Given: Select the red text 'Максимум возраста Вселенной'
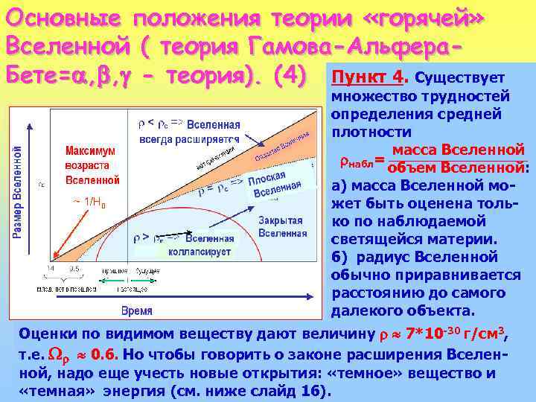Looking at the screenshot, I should (x=92, y=165).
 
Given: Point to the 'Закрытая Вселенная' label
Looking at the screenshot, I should (x=282, y=226).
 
